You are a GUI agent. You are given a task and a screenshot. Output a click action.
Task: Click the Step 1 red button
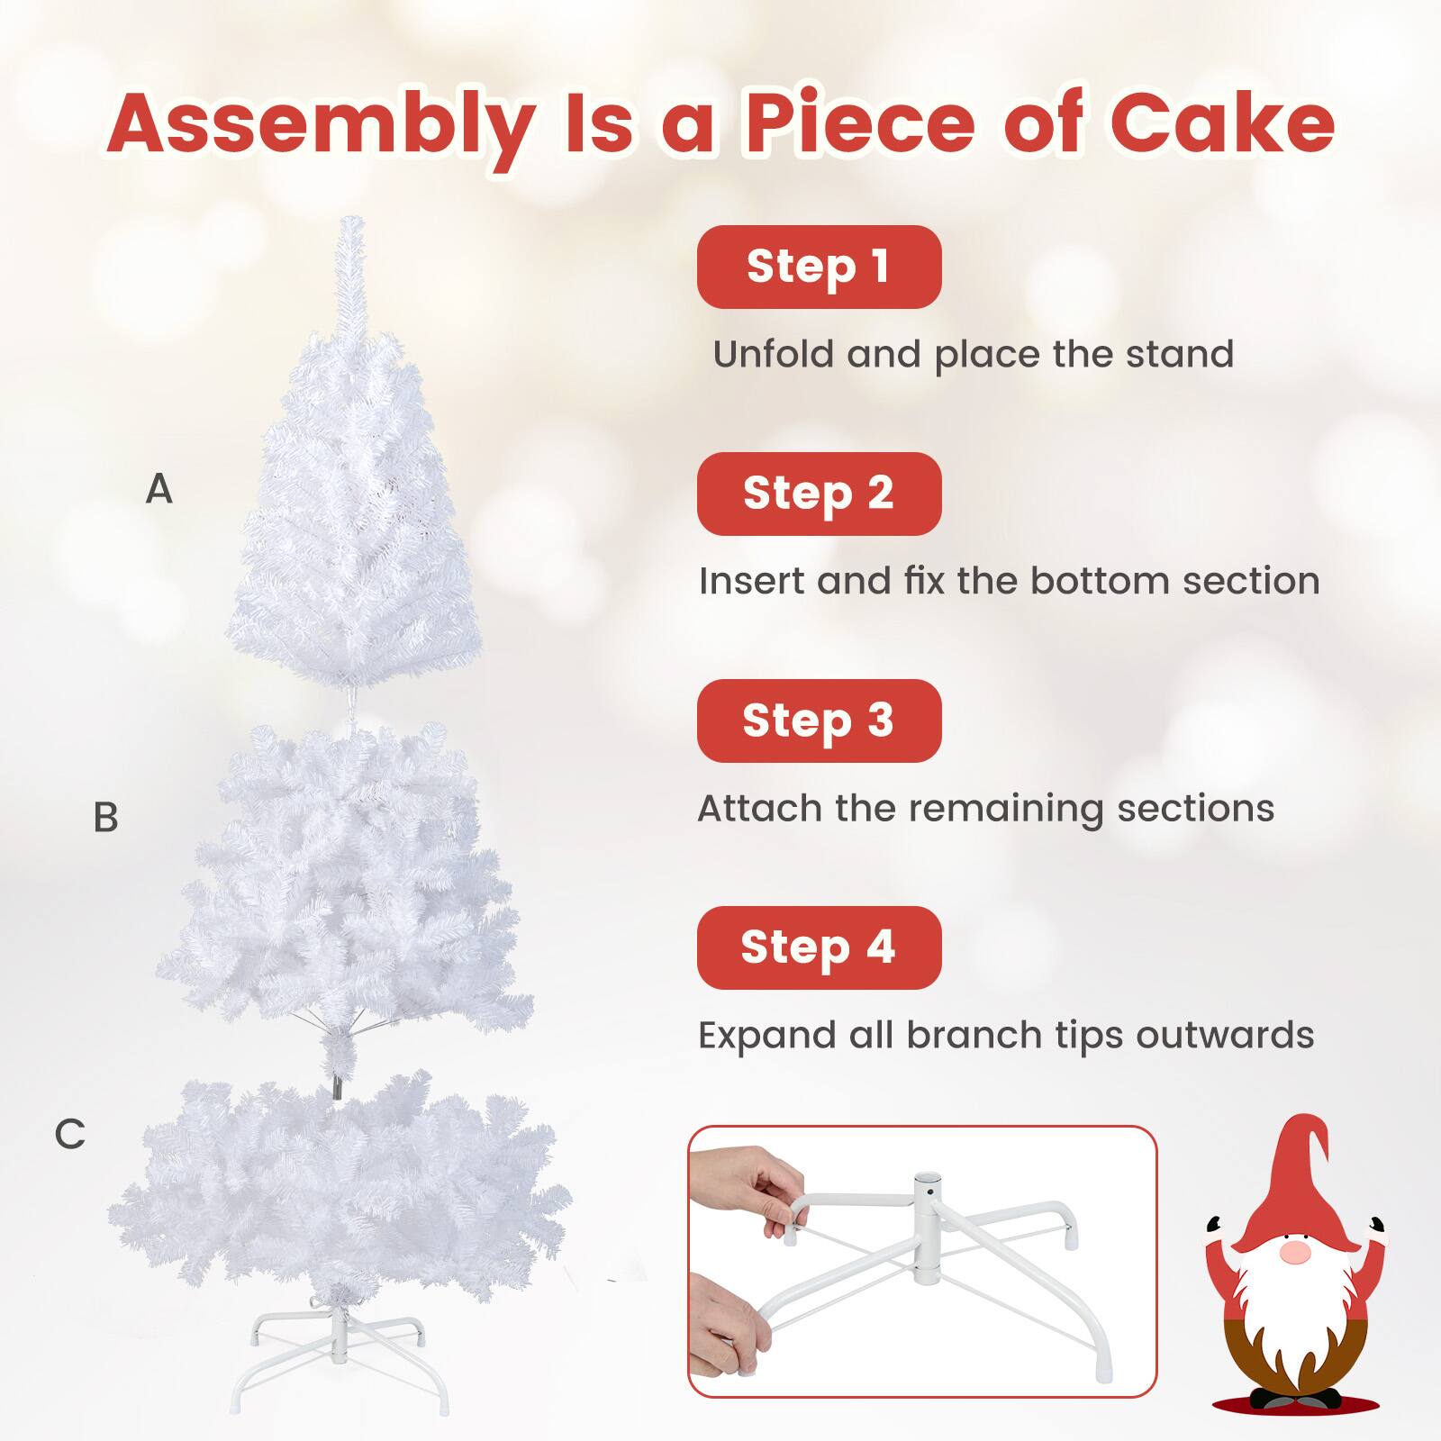tap(819, 267)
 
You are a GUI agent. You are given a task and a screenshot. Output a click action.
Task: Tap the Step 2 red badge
tap(819, 494)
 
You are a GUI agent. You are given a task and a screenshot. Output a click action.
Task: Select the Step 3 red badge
tap(819, 720)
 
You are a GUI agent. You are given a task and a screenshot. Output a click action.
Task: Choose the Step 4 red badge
tap(819, 947)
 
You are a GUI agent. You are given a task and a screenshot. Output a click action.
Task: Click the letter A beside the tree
tap(159, 489)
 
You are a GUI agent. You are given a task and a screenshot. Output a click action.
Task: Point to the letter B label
tap(105, 818)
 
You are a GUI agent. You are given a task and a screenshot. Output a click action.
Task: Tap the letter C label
tap(69, 1134)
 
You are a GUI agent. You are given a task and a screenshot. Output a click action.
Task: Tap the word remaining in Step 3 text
tap(1005, 809)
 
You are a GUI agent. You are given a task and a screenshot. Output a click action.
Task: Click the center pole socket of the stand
tap(927, 1189)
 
